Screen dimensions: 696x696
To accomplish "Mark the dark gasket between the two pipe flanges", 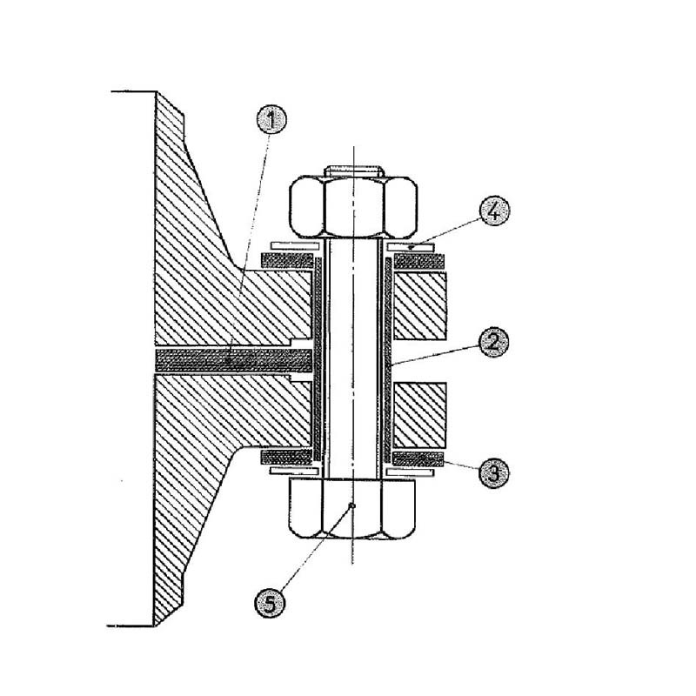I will tap(231, 358).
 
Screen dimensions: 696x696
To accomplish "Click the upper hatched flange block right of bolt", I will tap(422, 304).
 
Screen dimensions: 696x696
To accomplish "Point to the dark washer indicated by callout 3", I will tap(418, 458).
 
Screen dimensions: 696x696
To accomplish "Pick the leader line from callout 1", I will tap(251, 235).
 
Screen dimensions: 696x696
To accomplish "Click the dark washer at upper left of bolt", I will tap(287, 259).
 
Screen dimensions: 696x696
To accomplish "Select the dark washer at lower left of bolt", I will tap(287, 457).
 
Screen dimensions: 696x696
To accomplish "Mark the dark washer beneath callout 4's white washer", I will tap(418, 259).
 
